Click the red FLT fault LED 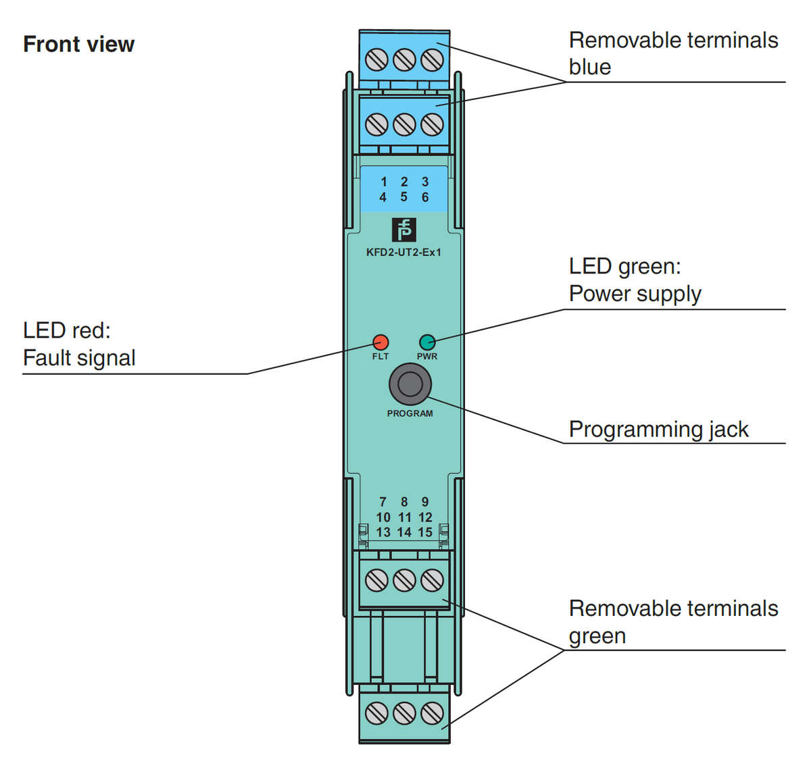pyautogui.click(x=380, y=341)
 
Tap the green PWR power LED pyautogui.click(x=427, y=341)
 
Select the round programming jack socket pyautogui.click(x=410, y=384)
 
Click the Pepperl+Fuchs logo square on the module pyautogui.click(x=404, y=230)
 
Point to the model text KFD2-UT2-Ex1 pyautogui.click(x=403, y=253)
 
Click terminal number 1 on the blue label pyautogui.click(x=384, y=182)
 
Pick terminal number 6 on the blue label pyautogui.click(x=425, y=197)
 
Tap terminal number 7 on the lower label pyautogui.click(x=383, y=502)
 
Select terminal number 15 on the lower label pyautogui.click(x=425, y=532)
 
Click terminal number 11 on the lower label pyautogui.click(x=404, y=517)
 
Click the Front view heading pyautogui.click(x=79, y=45)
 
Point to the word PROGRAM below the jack pyautogui.click(x=410, y=413)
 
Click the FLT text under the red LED pyautogui.click(x=380, y=356)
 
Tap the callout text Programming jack pyautogui.click(x=658, y=430)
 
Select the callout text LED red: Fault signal pyautogui.click(x=79, y=344)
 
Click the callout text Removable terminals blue pyautogui.click(x=673, y=53)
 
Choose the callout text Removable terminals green pyautogui.click(x=673, y=621)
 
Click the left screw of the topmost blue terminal pyautogui.click(x=376, y=60)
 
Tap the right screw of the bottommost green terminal pyautogui.click(x=432, y=713)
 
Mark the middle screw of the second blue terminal pyautogui.click(x=404, y=124)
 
